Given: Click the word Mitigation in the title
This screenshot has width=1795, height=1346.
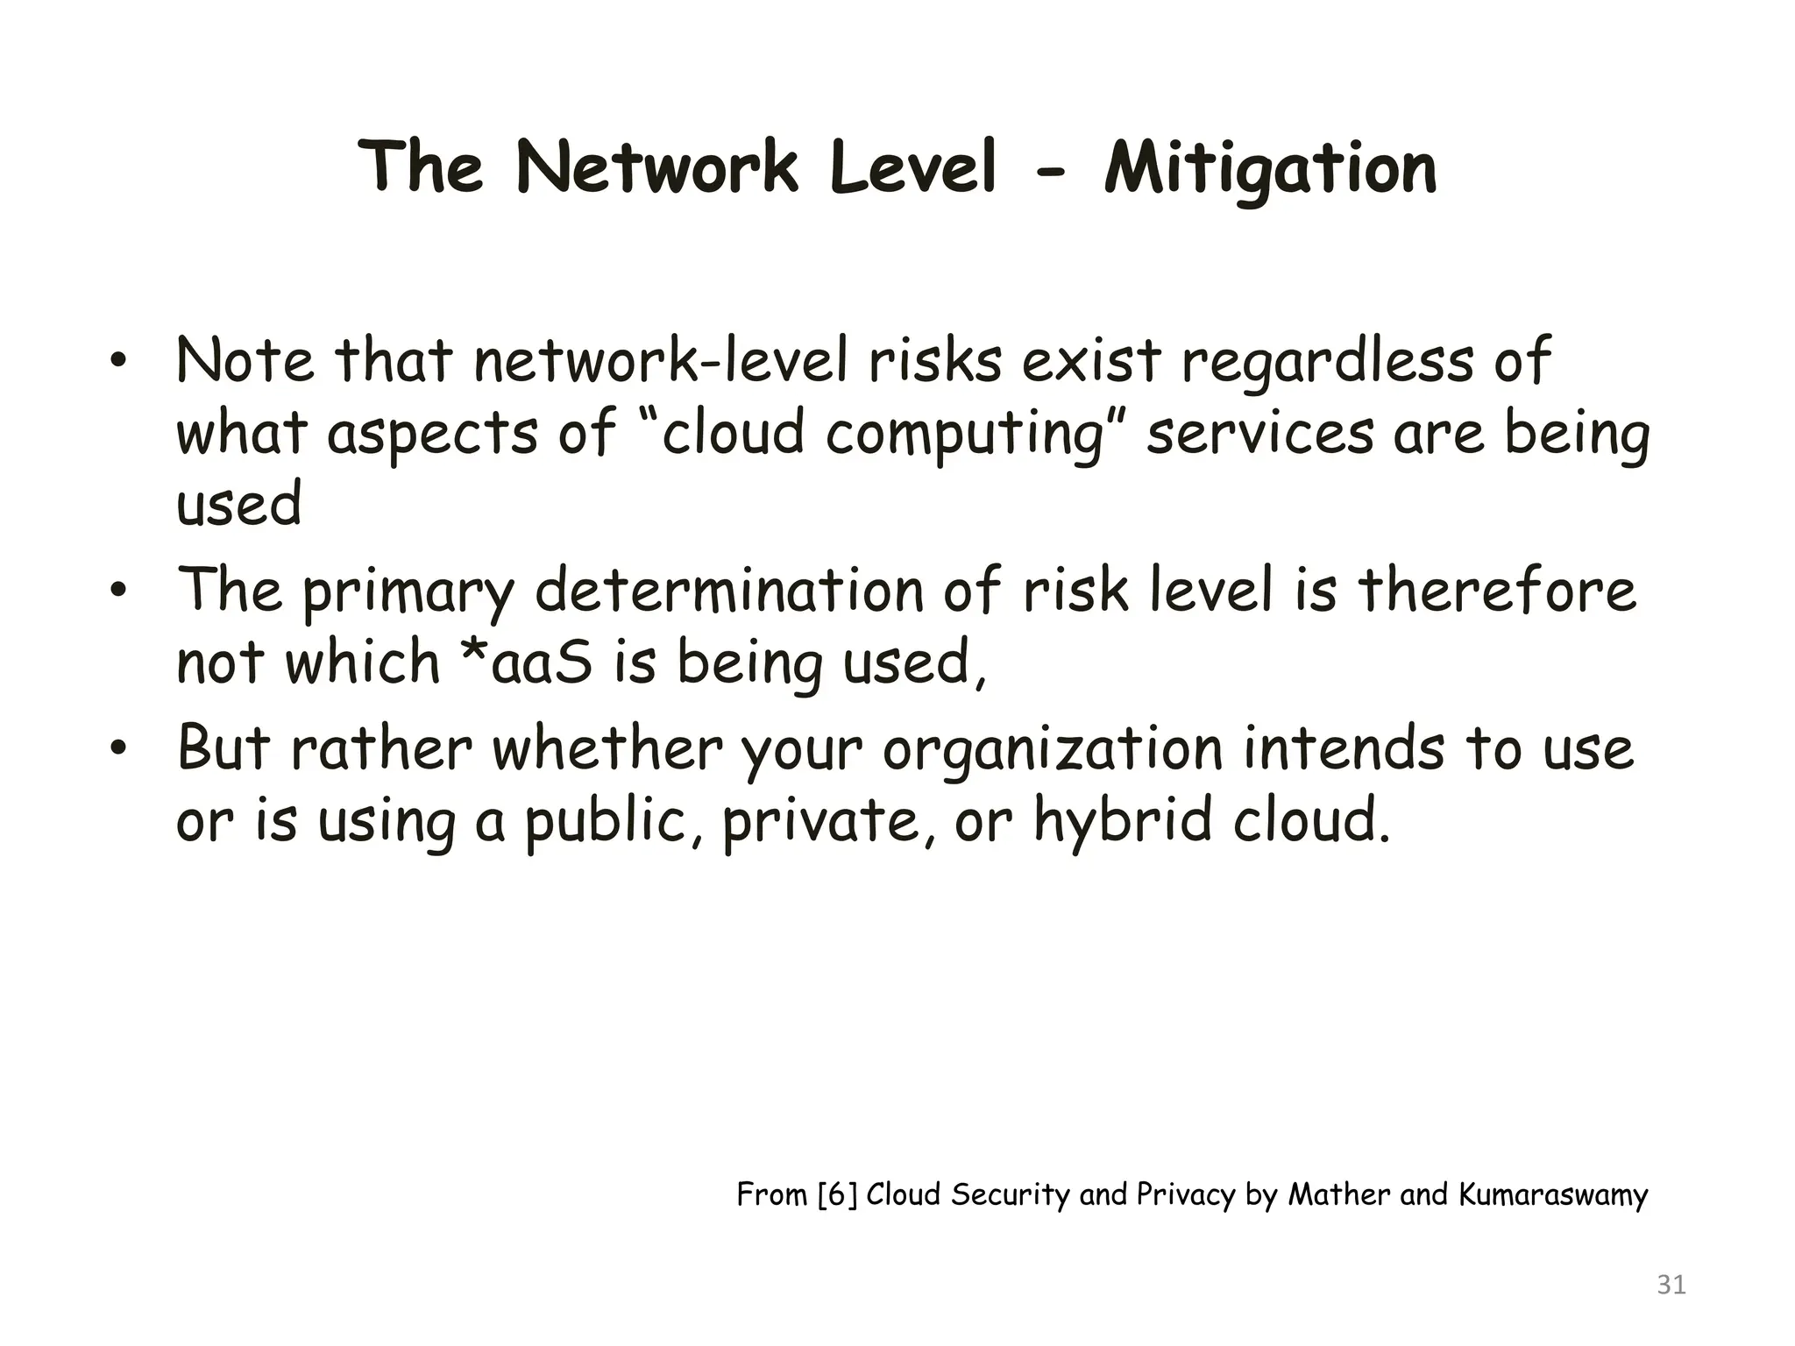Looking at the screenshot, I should tap(1270, 168).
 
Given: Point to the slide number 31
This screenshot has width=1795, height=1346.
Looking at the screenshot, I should tap(1671, 1285).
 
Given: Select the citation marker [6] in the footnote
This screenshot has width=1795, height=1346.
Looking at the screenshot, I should tap(836, 1194).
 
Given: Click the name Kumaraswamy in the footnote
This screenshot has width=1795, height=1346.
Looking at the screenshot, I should tap(1553, 1195).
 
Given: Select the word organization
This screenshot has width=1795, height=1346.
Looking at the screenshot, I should tap(1052, 750).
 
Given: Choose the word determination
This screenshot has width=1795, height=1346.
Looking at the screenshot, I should tap(729, 591).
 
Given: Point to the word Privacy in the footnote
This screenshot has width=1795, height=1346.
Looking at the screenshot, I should tap(1185, 1194).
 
